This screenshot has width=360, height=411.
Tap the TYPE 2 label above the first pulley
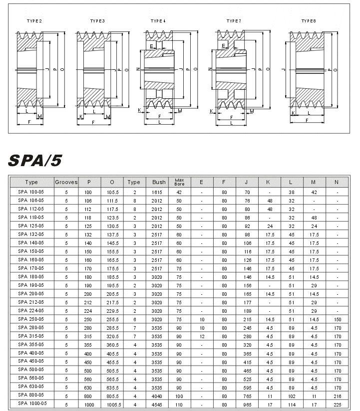34,21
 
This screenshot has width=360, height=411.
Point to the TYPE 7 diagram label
234,21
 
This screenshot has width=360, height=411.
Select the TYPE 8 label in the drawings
309,21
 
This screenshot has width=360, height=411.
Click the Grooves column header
66,182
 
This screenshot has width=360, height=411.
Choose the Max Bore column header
179,182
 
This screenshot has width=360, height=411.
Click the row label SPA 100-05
31,192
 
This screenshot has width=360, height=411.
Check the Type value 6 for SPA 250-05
134,319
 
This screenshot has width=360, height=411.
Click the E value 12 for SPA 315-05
201,336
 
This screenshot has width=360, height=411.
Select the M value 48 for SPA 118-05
314,217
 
